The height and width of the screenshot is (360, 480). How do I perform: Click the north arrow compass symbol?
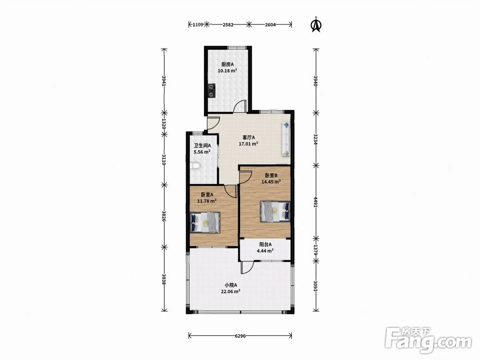click(316, 24)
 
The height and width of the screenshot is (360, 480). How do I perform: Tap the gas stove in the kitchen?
click(211, 90)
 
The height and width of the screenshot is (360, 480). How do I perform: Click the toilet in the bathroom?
click(195, 166)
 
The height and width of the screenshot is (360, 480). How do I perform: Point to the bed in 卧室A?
click(205, 222)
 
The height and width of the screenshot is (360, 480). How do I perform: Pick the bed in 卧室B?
click(275, 211)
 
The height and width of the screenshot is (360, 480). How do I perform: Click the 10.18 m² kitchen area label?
click(227, 71)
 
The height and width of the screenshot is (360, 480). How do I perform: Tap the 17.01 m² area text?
click(248, 143)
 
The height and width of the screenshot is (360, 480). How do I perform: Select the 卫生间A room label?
click(203, 146)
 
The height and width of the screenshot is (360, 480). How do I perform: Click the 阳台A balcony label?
click(265, 244)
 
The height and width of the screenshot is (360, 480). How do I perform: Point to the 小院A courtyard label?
click(230, 285)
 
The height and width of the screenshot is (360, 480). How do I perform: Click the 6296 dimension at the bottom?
click(240, 336)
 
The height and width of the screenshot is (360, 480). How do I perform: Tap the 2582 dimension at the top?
click(228, 24)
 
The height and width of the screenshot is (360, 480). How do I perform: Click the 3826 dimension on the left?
click(164, 216)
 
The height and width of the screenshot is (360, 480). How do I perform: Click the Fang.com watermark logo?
click(428, 339)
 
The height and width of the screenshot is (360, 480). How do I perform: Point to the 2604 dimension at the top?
click(270, 24)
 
